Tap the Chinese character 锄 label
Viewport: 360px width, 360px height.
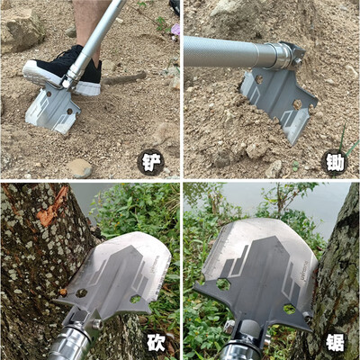click(x=335, y=164)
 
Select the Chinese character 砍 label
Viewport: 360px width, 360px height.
click(x=156, y=343)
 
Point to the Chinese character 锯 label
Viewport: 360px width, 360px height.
click(x=335, y=343)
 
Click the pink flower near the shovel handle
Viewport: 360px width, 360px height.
click(x=175, y=30)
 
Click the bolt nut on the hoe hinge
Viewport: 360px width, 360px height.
click(x=297, y=62)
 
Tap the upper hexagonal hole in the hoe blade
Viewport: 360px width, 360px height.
click(x=258, y=79)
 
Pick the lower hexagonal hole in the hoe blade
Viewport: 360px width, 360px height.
click(x=298, y=104)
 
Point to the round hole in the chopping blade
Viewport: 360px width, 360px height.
click(x=81, y=293)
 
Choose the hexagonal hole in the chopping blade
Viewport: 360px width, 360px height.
click(x=136, y=299)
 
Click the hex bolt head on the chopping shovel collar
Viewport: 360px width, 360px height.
click(x=96, y=324)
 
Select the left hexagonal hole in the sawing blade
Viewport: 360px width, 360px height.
click(x=222, y=283)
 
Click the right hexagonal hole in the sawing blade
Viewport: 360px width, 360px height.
click(x=290, y=309)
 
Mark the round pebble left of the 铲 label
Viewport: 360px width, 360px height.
click(x=80, y=167)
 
